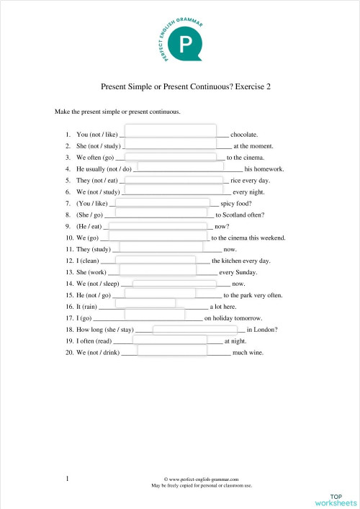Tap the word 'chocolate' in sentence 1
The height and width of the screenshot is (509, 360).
(x=244, y=134)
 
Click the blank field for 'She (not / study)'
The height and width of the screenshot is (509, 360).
(x=174, y=143)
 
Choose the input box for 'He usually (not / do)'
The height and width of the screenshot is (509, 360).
(x=186, y=166)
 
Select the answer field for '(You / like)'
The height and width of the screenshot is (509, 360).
(x=158, y=202)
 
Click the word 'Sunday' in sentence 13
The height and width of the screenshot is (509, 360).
(x=242, y=272)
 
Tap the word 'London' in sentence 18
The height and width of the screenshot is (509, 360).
(x=264, y=330)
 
